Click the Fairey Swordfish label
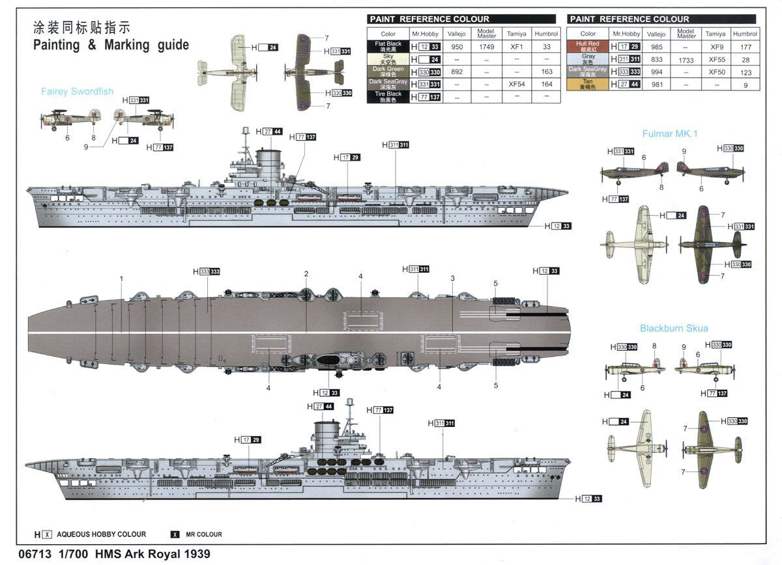coord(77,92)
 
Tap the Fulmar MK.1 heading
coord(670,133)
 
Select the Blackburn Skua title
coord(674,328)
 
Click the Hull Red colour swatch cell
coord(588,46)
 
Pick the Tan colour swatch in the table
coord(588,84)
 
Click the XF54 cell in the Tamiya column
coord(517,84)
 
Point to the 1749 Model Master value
coord(486,47)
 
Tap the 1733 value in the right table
coord(686,59)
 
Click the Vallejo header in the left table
coord(457,34)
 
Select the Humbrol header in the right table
coord(744,34)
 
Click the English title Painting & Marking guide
coord(111,45)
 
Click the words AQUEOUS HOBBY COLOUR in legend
coord(102,534)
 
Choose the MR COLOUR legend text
coord(203,534)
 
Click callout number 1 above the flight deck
coord(121,279)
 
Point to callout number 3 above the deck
coord(452,279)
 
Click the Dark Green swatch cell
coord(388,72)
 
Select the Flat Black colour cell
coord(388,46)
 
